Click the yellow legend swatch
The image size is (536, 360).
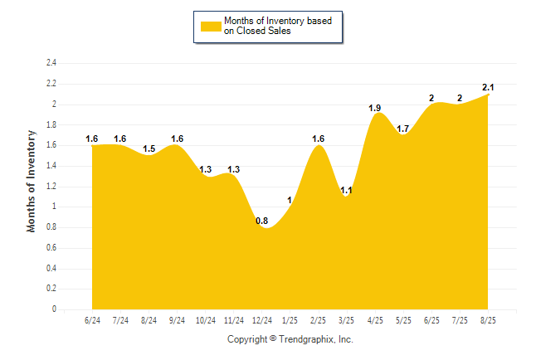(210, 26)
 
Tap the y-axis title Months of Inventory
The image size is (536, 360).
(32, 181)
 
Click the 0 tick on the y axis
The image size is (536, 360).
(54, 309)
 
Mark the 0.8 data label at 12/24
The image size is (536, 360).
(261, 221)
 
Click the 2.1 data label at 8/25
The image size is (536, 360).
(489, 87)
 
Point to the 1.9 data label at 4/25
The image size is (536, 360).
(374, 108)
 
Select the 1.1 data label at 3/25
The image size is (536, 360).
(347, 190)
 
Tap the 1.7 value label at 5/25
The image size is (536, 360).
(403, 129)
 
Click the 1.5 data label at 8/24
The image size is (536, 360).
(149, 149)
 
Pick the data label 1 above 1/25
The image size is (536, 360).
(290, 200)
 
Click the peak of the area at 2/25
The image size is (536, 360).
(319, 147)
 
